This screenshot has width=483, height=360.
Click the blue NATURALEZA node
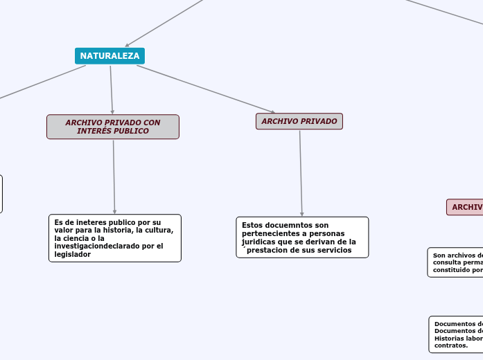(x=109, y=56)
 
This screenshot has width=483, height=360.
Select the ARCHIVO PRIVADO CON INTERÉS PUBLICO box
(x=112, y=127)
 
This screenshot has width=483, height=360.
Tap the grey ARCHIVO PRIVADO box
(x=299, y=121)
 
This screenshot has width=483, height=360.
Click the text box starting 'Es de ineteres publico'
(x=114, y=238)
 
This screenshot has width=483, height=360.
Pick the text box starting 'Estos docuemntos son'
(x=302, y=237)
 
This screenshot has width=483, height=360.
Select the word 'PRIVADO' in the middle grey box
(x=319, y=121)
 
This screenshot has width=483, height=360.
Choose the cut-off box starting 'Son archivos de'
(x=456, y=262)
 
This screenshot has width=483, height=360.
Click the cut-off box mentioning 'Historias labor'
(x=457, y=334)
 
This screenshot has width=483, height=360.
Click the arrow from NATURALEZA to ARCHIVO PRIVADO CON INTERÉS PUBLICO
(x=111, y=89)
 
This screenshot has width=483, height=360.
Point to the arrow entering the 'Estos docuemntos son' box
(x=301, y=173)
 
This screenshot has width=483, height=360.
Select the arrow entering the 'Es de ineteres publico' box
(x=114, y=177)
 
